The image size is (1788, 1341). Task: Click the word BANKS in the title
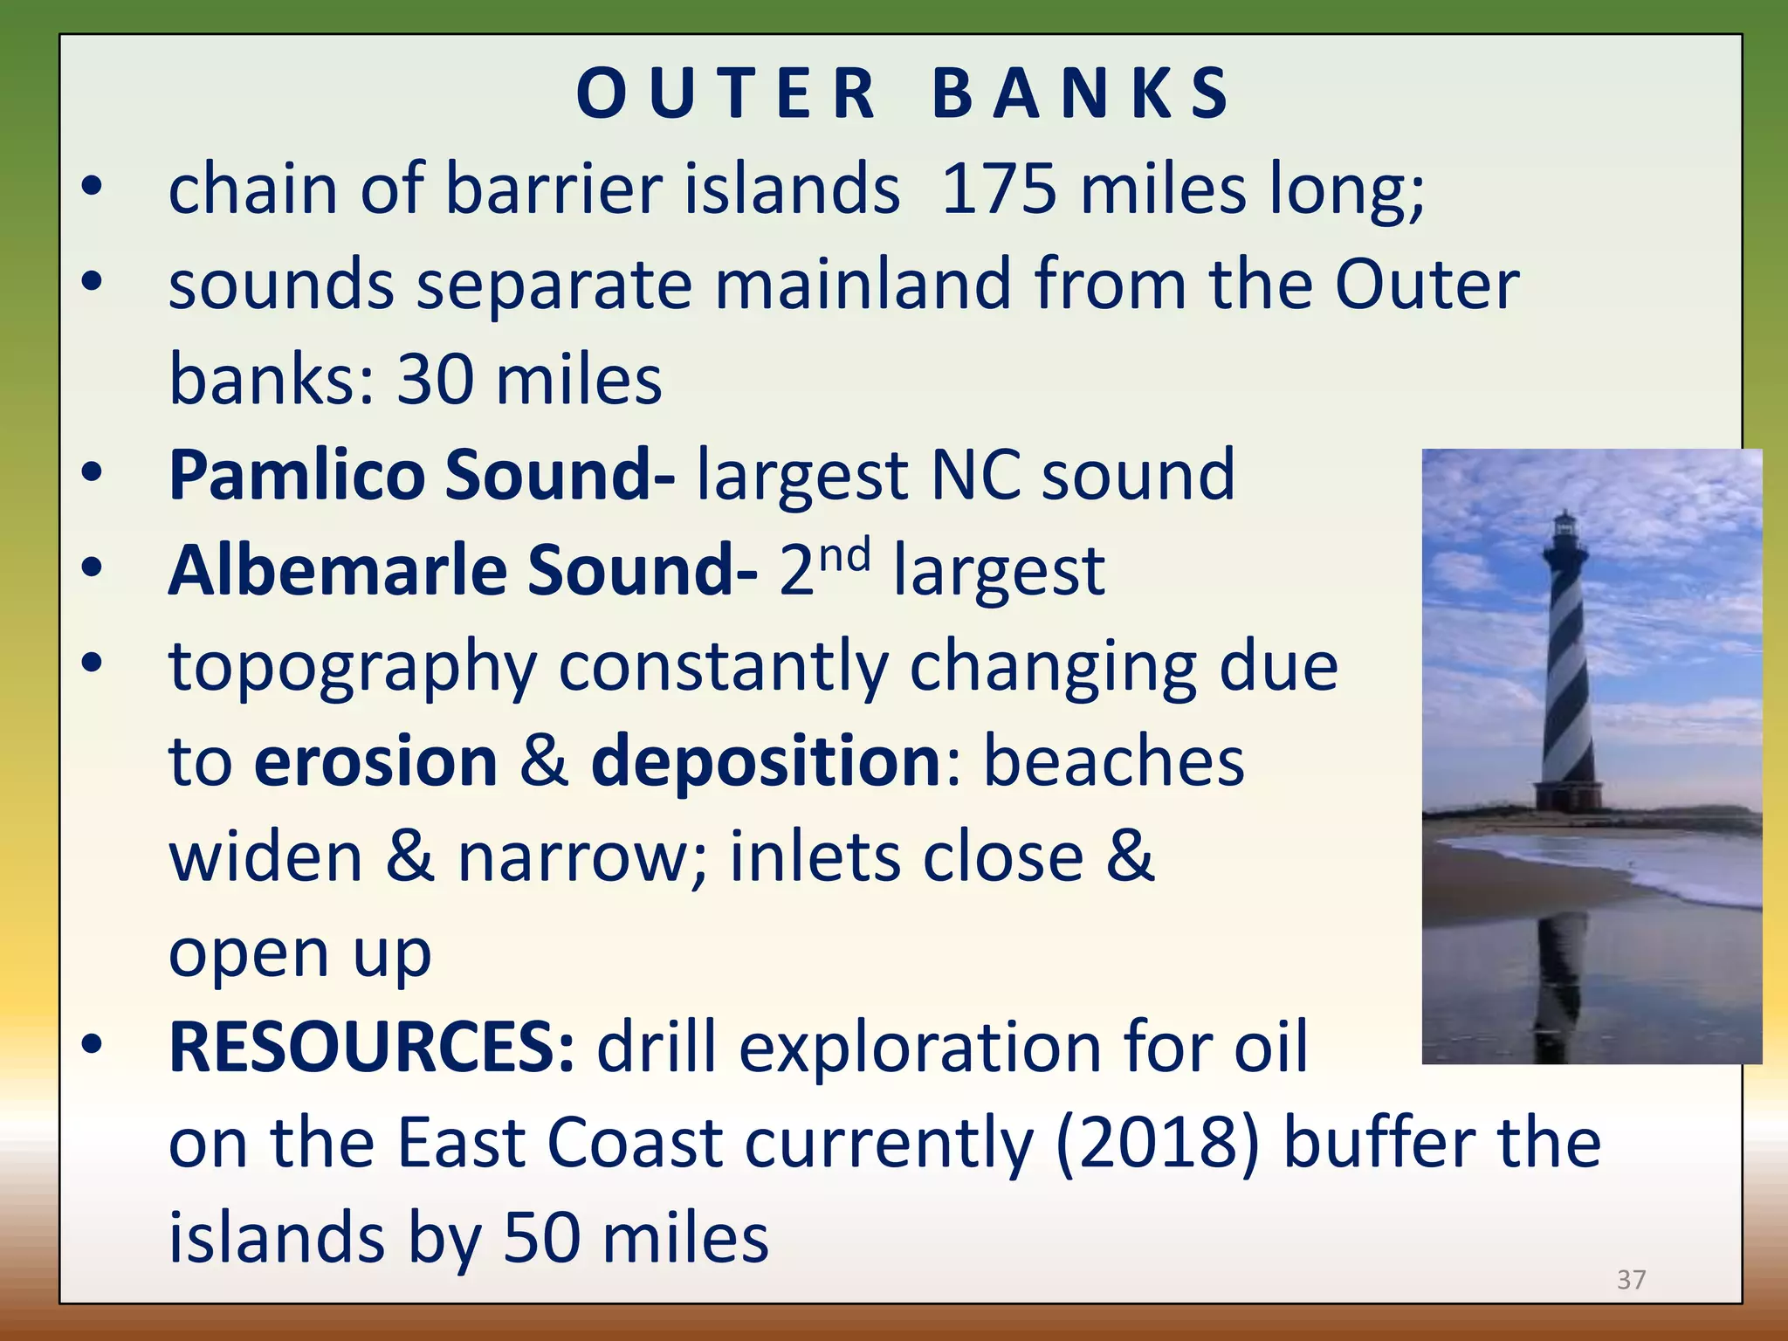click(1080, 93)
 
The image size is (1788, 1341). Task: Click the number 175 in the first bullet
click(999, 189)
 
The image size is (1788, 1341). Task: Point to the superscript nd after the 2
click(845, 555)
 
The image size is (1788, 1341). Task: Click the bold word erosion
click(375, 761)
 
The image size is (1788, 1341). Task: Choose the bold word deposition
click(766, 761)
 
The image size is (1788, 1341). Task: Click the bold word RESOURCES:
click(372, 1047)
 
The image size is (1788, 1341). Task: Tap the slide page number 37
click(1631, 1280)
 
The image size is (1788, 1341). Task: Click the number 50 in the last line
click(542, 1238)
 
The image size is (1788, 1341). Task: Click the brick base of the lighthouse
click(1569, 795)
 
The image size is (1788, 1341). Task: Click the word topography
click(353, 667)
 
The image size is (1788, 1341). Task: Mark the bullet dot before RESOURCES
click(92, 1043)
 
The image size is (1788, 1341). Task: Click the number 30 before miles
click(435, 381)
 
